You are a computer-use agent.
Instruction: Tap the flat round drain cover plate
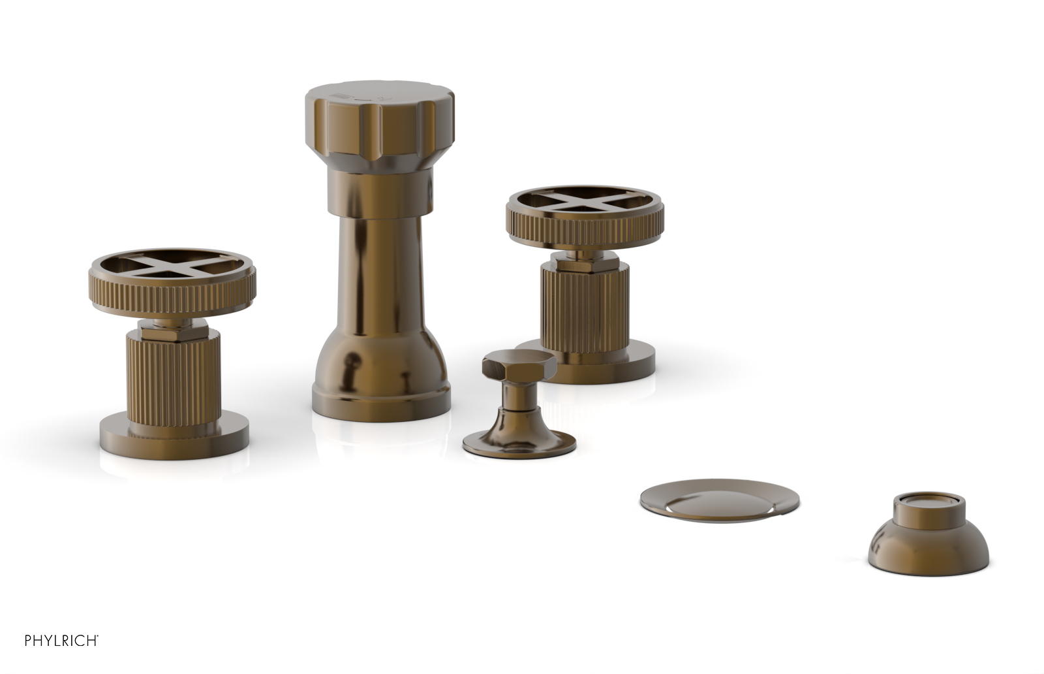[x=719, y=502]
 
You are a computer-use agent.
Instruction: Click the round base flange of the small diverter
[x=519, y=444]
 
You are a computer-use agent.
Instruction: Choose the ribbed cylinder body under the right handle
[x=584, y=300]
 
